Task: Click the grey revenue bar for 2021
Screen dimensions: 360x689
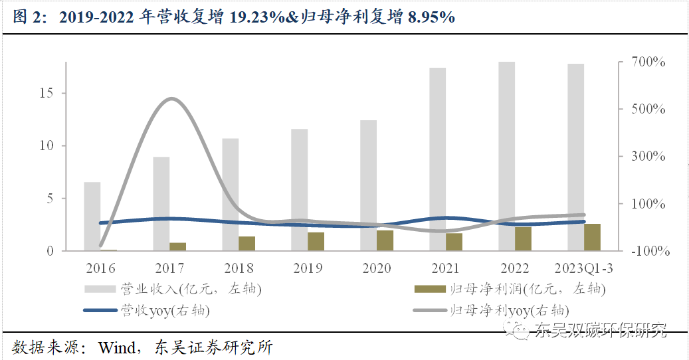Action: pyautogui.click(x=437, y=159)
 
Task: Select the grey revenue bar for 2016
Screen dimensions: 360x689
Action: pyautogui.click(x=92, y=217)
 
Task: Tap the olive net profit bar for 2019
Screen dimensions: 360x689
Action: pyautogui.click(x=316, y=242)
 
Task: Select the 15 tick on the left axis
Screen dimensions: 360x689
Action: pyautogui.click(x=46, y=93)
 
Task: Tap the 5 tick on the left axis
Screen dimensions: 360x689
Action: pyautogui.click(x=50, y=198)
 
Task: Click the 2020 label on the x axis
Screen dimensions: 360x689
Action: pyautogui.click(x=375, y=268)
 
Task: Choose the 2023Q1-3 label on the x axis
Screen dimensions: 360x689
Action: pyautogui.click(x=585, y=268)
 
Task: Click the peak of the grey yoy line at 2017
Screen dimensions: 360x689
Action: pyautogui.click(x=171, y=99)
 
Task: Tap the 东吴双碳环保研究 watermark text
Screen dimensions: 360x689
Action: pyautogui.click(x=600, y=329)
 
